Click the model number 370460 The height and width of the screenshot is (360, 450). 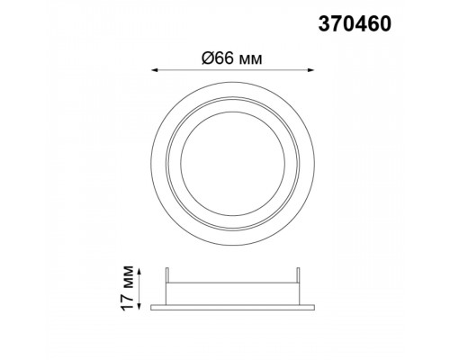coord(355,24)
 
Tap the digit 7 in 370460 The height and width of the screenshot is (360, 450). coord(337,24)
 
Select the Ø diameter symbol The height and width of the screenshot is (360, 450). coord(208,58)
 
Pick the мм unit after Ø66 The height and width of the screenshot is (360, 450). coord(251,60)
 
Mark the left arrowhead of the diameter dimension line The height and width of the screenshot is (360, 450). coord(155,70)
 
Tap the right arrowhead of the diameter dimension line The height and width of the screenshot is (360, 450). coord(310,70)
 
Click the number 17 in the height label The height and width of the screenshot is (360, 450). coord(128,301)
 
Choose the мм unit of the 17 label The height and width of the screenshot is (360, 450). coord(130,276)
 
